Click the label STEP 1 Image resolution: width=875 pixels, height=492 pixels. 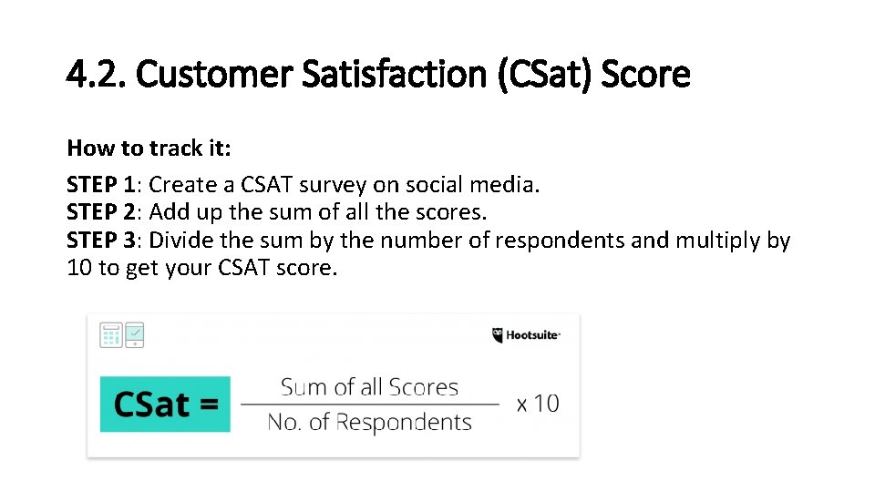coord(100,185)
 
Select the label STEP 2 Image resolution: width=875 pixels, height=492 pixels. coord(100,212)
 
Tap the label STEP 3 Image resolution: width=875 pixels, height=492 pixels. coord(100,241)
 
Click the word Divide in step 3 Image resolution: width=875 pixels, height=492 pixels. coord(180,241)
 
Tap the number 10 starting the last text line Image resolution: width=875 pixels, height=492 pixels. coord(79,269)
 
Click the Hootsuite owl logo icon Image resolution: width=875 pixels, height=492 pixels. coord(498,335)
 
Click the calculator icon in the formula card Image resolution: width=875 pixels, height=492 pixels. coord(111,335)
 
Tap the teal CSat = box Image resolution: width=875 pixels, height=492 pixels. coord(166,404)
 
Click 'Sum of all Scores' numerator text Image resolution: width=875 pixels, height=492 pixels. coord(369,387)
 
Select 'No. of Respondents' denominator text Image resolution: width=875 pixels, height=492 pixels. coord(369,422)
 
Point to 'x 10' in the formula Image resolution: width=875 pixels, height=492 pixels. coord(538,404)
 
